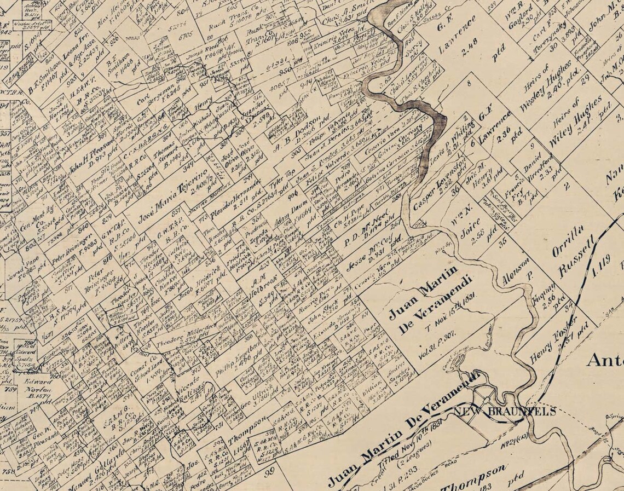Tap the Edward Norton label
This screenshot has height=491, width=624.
34,383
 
